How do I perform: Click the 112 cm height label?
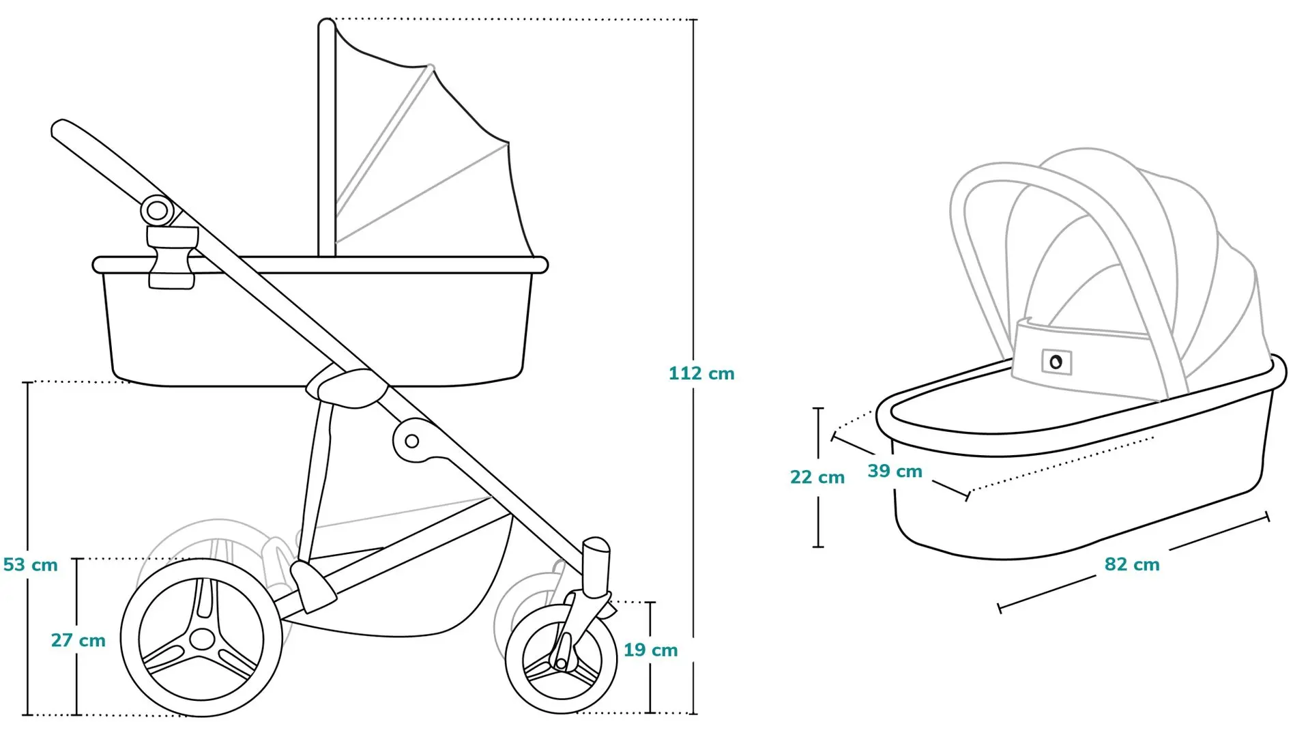pyautogui.click(x=701, y=373)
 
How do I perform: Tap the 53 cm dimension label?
pyautogui.click(x=31, y=565)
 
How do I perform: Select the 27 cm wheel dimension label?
pyautogui.click(x=78, y=640)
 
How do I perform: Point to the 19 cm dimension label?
pyautogui.click(x=651, y=650)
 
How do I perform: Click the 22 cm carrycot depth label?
pyautogui.click(x=817, y=477)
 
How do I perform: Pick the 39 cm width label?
pyautogui.click(x=895, y=471)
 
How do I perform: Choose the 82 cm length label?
pyautogui.click(x=1132, y=564)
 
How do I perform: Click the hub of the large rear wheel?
pyautogui.click(x=202, y=639)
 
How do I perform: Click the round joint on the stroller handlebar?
pyautogui.click(x=157, y=210)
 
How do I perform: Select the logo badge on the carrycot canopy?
pyautogui.click(x=1056, y=362)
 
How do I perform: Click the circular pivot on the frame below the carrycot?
pyautogui.click(x=411, y=441)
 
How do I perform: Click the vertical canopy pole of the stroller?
pyautogui.click(x=327, y=138)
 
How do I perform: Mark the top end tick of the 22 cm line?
pyautogui.click(x=818, y=408)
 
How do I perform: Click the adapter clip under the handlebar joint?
pyautogui.click(x=172, y=258)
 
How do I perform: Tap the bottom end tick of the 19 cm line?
pyautogui.click(x=650, y=713)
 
